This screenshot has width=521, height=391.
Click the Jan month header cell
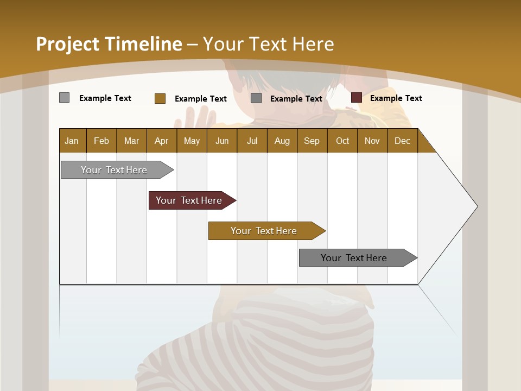pyautogui.click(x=72, y=141)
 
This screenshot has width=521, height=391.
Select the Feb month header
pyautogui.click(x=101, y=141)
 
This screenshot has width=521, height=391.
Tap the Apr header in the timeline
pyautogui.click(x=161, y=141)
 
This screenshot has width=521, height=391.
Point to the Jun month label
pyautogui.click(x=222, y=141)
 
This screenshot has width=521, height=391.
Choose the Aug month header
pyautogui.click(x=282, y=141)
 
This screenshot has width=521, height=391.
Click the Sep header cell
pyautogui.click(x=312, y=141)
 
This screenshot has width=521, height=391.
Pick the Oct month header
pyautogui.click(x=342, y=141)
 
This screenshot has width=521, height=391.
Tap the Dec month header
pyautogui.click(x=402, y=141)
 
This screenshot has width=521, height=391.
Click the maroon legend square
pyautogui.click(x=356, y=98)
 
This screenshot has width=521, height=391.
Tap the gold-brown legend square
pyautogui.click(x=160, y=98)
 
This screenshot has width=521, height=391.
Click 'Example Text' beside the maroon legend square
pyautogui.click(x=396, y=98)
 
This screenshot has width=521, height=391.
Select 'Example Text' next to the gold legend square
pyautogui.click(x=200, y=98)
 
